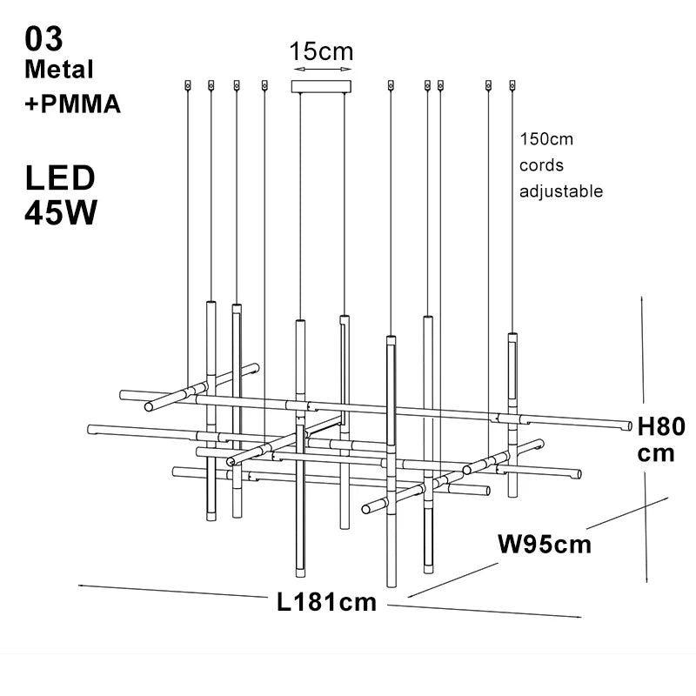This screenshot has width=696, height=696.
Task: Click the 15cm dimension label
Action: click(x=322, y=51)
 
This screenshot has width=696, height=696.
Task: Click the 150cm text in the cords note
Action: click(x=546, y=139)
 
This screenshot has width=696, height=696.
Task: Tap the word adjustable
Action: click(x=561, y=191)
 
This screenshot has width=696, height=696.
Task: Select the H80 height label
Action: click(x=662, y=426)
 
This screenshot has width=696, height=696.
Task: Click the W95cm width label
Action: click(x=545, y=545)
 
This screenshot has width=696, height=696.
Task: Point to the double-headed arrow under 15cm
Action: click(x=322, y=69)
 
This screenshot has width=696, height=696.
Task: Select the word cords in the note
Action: click(x=541, y=165)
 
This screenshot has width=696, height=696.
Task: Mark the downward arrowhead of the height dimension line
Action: click(x=646, y=579)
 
